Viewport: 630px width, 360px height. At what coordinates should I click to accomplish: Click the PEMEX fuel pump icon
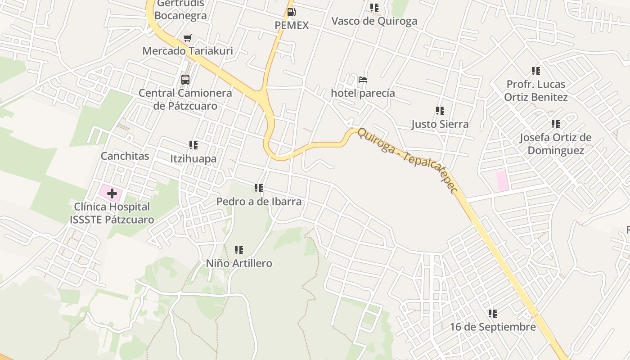(x=291, y=12)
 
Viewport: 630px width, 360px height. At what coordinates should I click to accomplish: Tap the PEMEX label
(x=292, y=26)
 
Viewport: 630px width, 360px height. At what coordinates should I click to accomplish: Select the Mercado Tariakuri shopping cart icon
(x=187, y=38)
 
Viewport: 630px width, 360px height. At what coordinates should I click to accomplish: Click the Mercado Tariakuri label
(x=188, y=51)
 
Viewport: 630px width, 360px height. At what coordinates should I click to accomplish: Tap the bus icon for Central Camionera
(x=185, y=80)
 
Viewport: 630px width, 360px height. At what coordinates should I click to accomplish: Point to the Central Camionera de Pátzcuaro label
(x=185, y=99)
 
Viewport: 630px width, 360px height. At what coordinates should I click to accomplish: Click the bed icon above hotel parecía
(x=363, y=80)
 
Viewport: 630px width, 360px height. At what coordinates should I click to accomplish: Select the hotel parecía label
(x=363, y=93)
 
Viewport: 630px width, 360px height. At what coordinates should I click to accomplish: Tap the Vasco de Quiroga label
(x=374, y=21)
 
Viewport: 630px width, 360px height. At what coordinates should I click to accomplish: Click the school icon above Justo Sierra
(x=440, y=111)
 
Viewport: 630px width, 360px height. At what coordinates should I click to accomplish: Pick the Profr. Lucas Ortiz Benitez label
(x=535, y=90)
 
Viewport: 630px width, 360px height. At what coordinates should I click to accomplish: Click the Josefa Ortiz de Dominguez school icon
(x=556, y=124)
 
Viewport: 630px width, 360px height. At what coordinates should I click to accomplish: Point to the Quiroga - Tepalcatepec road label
(x=408, y=161)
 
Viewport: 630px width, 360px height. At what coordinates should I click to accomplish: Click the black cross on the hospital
(x=112, y=194)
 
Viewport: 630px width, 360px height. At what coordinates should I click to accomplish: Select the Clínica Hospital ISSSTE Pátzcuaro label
(x=112, y=213)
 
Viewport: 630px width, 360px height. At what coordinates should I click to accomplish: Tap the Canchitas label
(x=125, y=156)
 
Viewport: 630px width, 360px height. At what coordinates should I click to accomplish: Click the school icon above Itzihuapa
(x=193, y=145)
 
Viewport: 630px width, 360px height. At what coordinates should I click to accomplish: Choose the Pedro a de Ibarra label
(x=259, y=201)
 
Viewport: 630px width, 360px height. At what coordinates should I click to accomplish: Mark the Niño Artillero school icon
(x=239, y=250)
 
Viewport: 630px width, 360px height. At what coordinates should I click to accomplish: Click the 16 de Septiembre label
(x=493, y=327)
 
